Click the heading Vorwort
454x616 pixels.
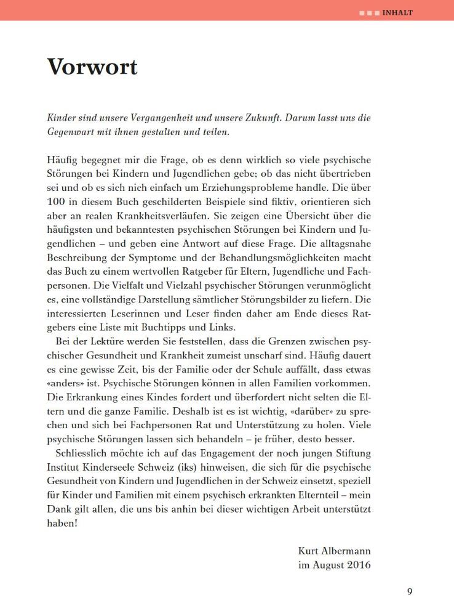tap(92, 67)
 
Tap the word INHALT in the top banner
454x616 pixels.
tap(397, 12)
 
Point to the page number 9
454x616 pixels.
tap(410, 592)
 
